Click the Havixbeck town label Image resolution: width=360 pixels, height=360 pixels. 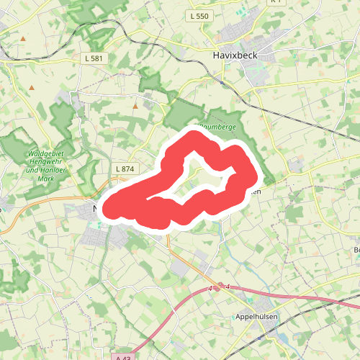tap(236, 54)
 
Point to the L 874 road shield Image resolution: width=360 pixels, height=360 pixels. tap(125, 168)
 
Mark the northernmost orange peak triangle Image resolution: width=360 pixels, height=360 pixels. tap(24, 38)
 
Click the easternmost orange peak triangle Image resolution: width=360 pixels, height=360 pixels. tap(135, 107)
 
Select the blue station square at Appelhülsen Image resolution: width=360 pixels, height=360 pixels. tap(258, 333)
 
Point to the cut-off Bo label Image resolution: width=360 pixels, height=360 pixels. tap(356, 250)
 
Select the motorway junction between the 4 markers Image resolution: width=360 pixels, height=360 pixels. tap(220, 287)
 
